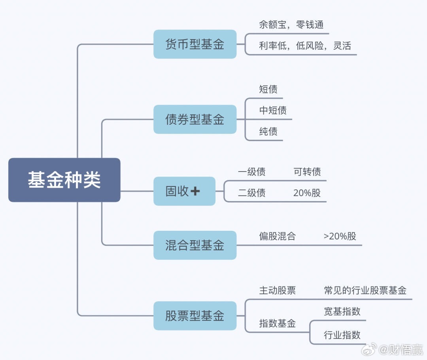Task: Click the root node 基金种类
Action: (x=64, y=180)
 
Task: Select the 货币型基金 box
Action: (x=195, y=44)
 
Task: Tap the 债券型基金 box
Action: (x=195, y=119)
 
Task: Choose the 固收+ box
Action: (x=184, y=191)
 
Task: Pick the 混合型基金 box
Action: (x=195, y=245)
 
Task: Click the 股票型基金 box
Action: (x=195, y=316)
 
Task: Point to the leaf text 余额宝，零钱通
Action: (x=291, y=25)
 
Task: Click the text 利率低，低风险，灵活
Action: (x=305, y=46)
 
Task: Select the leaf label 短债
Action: (x=268, y=89)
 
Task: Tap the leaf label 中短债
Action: (x=273, y=111)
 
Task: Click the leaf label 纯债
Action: (x=268, y=132)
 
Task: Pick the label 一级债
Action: (x=251, y=172)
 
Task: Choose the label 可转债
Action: (x=307, y=172)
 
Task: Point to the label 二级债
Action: (x=251, y=193)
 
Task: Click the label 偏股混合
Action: (x=277, y=236)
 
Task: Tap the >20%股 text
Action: (x=340, y=236)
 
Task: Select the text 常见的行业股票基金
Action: (x=365, y=291)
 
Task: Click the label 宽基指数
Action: (x=342, y=311)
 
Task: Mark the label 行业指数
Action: (x=342, y=335)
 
